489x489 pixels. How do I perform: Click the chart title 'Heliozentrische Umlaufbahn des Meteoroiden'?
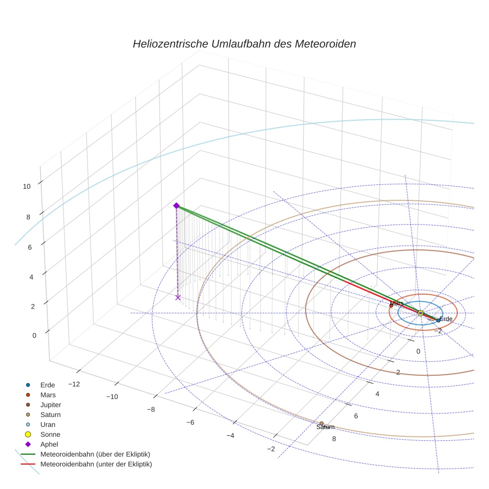244,44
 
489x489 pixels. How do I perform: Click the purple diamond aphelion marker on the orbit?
176,206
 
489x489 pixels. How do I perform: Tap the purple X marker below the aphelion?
178,297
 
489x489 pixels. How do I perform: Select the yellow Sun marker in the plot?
420,313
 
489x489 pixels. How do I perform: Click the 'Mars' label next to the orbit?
397,303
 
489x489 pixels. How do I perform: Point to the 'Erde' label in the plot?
446,319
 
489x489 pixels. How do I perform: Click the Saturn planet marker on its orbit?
322,423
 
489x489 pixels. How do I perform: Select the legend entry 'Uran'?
48,424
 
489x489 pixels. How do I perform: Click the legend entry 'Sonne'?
50,434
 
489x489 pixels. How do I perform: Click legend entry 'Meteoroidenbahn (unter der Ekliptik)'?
96,464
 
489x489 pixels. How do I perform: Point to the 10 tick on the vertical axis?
27,186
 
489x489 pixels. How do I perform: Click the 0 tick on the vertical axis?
34,335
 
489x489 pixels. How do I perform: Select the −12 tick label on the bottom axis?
74,384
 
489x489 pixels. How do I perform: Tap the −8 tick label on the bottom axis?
151,409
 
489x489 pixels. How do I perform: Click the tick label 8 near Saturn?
333,439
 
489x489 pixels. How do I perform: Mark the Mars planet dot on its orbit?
391,306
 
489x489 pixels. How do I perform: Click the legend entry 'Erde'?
47,385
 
